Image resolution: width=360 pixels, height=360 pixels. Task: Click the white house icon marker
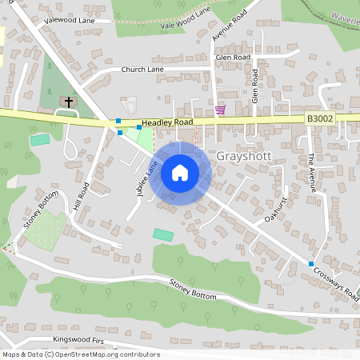pyautogui.click(x=180, y=173)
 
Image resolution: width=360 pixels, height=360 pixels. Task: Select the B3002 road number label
pyautogui.click(x=320, y=118)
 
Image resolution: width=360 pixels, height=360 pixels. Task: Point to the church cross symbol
pyautogui.click(x=69, y=102)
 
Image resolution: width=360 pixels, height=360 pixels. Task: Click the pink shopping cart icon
pyautogui.click(x=220, y=109)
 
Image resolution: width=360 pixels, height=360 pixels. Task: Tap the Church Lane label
pyautogui.click(x=142, y=70)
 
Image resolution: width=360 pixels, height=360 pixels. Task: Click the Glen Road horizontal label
pyautogui.click(x=233, y=58)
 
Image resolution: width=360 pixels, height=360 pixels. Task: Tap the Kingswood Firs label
pyautogui.click(x=78, y=340)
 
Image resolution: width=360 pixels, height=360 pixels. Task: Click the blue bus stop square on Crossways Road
pyautogui.click(x=311, y=264)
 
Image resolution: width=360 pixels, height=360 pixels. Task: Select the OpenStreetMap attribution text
pyautogui.click(x=80, y=354)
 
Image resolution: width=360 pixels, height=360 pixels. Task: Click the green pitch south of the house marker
pyautogui.click(x=163, y=235)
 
